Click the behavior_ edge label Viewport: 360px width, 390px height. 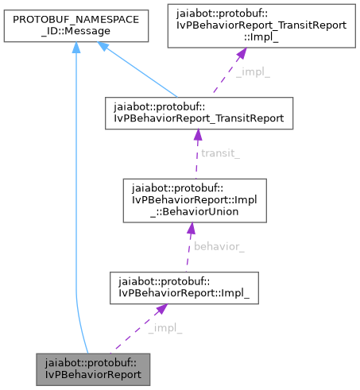[219, 247]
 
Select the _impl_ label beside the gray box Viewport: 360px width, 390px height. [165, 328]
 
